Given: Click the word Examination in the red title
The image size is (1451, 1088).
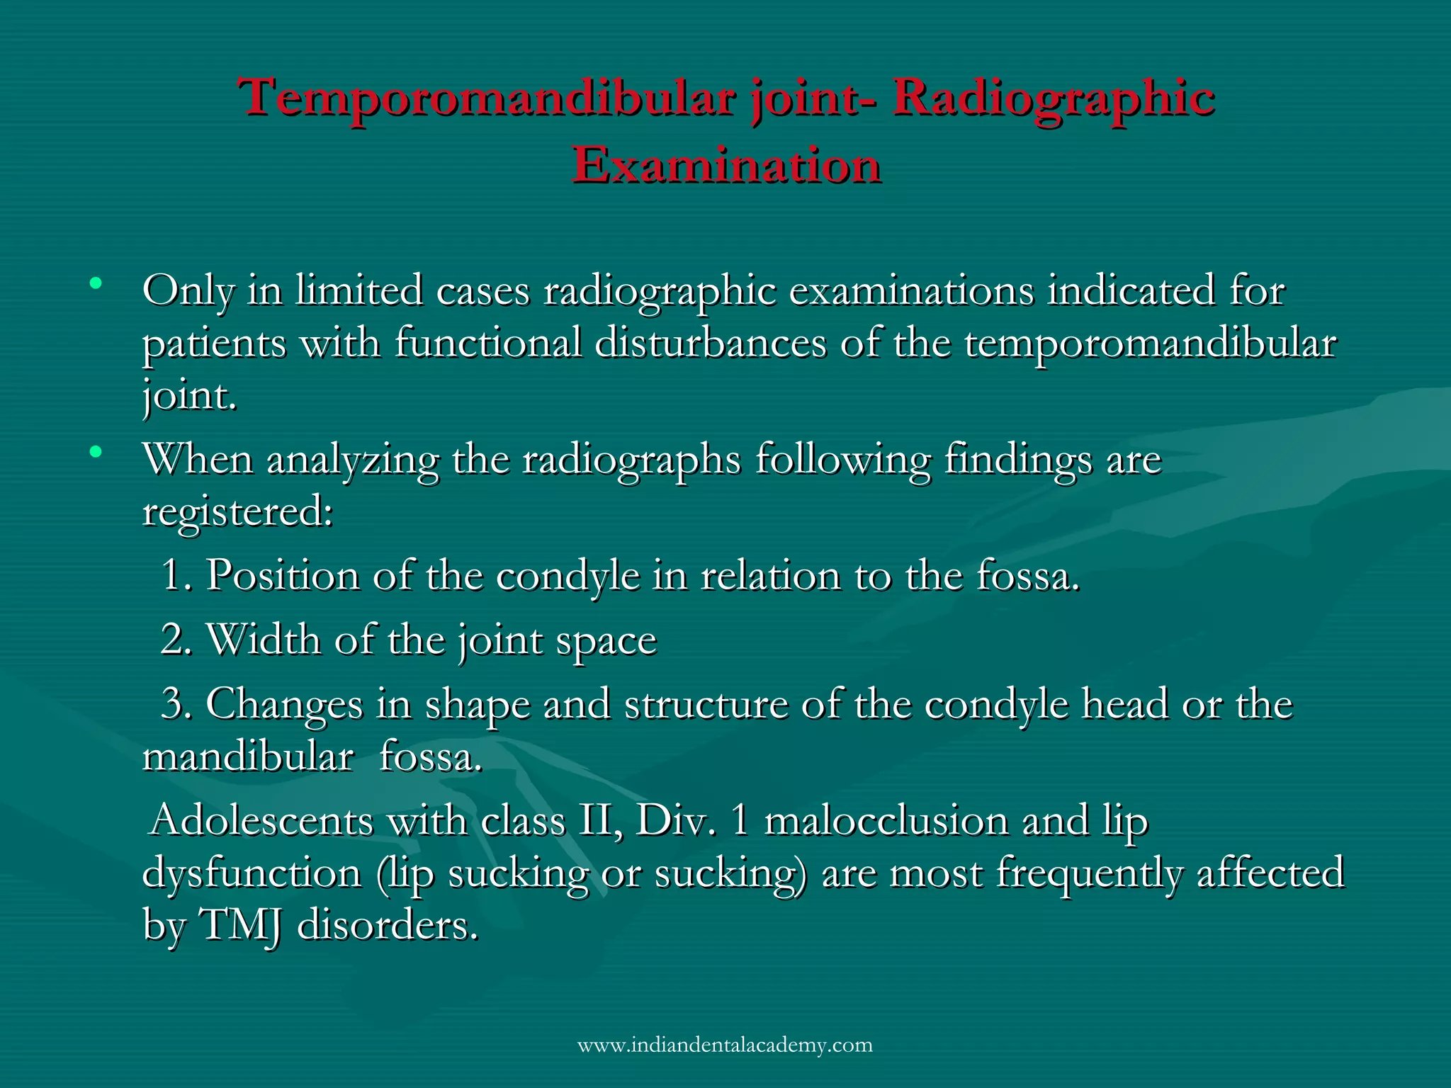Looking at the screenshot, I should click(x=726, y=164).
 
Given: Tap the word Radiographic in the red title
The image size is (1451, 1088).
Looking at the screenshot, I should click(x=1054, y=98).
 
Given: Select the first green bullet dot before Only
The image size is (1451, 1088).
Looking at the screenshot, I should click(x=96, y=285).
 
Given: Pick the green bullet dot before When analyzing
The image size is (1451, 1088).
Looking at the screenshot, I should click(x=96, y=451).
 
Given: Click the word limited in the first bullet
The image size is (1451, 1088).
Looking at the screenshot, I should click(x=358, y=290).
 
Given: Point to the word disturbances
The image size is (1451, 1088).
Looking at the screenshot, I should click(x=711, y=343).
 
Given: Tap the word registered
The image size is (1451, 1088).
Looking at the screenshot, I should click(x=237, y=511).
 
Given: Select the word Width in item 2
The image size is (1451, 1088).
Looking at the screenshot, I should click(x=263, y=640).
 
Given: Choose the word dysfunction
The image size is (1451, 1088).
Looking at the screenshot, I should click(x=252, y=873).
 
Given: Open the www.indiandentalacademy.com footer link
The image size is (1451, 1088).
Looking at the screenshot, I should click(x=725, y=1045).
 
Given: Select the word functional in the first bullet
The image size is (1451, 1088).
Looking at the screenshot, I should click(x=487, y=343).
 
